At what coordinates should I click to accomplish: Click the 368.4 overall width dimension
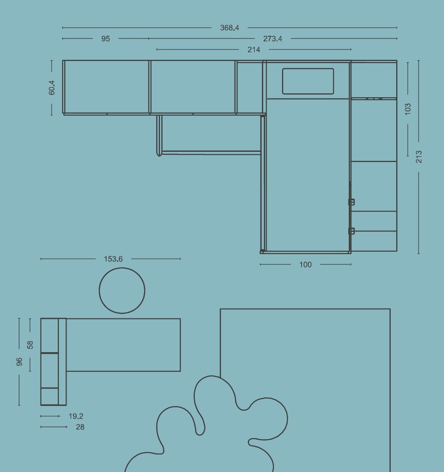pos(229,28)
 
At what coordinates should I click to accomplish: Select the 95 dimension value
pos(106,39)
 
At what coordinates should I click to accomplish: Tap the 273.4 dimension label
pos(273,39)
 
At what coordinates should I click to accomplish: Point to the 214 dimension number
pos(254,49)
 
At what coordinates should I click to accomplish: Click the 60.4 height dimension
pos(52,87)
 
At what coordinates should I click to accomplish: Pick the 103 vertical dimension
pos(408,109)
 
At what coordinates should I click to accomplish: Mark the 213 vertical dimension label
pos(419,157)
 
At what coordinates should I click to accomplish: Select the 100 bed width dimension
pos(305,265)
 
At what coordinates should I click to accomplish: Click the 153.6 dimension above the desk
pos(113,259)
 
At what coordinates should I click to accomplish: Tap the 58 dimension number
pos(30,345)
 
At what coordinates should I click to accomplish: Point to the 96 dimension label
pos(19,362)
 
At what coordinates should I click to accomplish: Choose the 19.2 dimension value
pos(76,416)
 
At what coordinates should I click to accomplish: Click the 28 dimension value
pos(80,427)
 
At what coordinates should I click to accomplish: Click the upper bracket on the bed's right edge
pos(351,202)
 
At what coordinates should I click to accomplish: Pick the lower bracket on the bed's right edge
pos(351,231)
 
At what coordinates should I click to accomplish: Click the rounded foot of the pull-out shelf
pos(159,153)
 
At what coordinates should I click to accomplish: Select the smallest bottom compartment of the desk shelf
pos(49,397)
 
